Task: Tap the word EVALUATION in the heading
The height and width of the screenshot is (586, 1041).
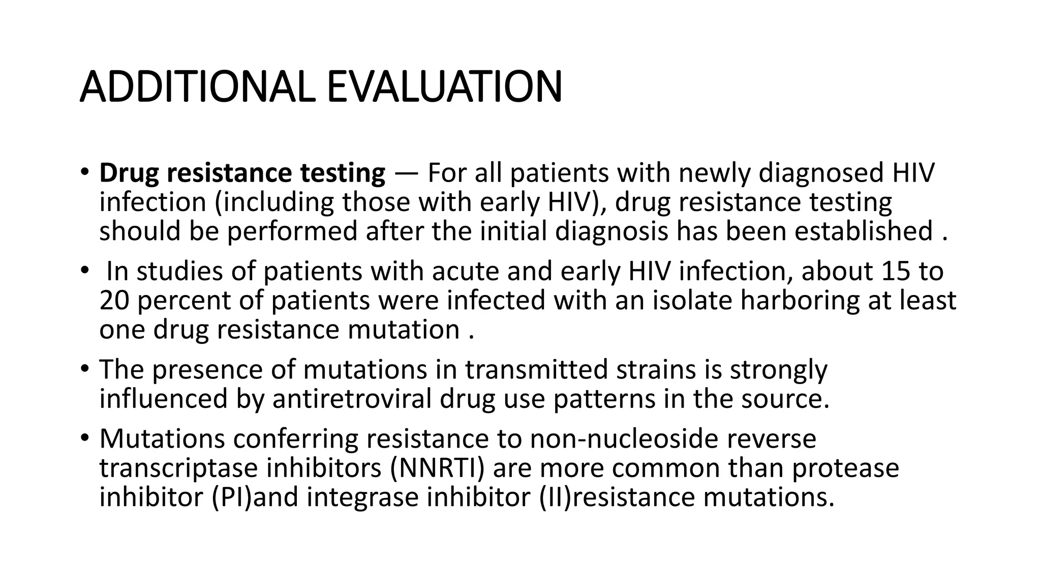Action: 444,86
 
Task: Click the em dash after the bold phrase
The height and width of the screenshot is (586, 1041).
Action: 406,173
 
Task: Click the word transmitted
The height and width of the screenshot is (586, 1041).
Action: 536,369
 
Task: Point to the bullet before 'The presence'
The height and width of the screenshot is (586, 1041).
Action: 84,367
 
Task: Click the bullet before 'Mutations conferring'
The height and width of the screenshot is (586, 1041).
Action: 84,436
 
